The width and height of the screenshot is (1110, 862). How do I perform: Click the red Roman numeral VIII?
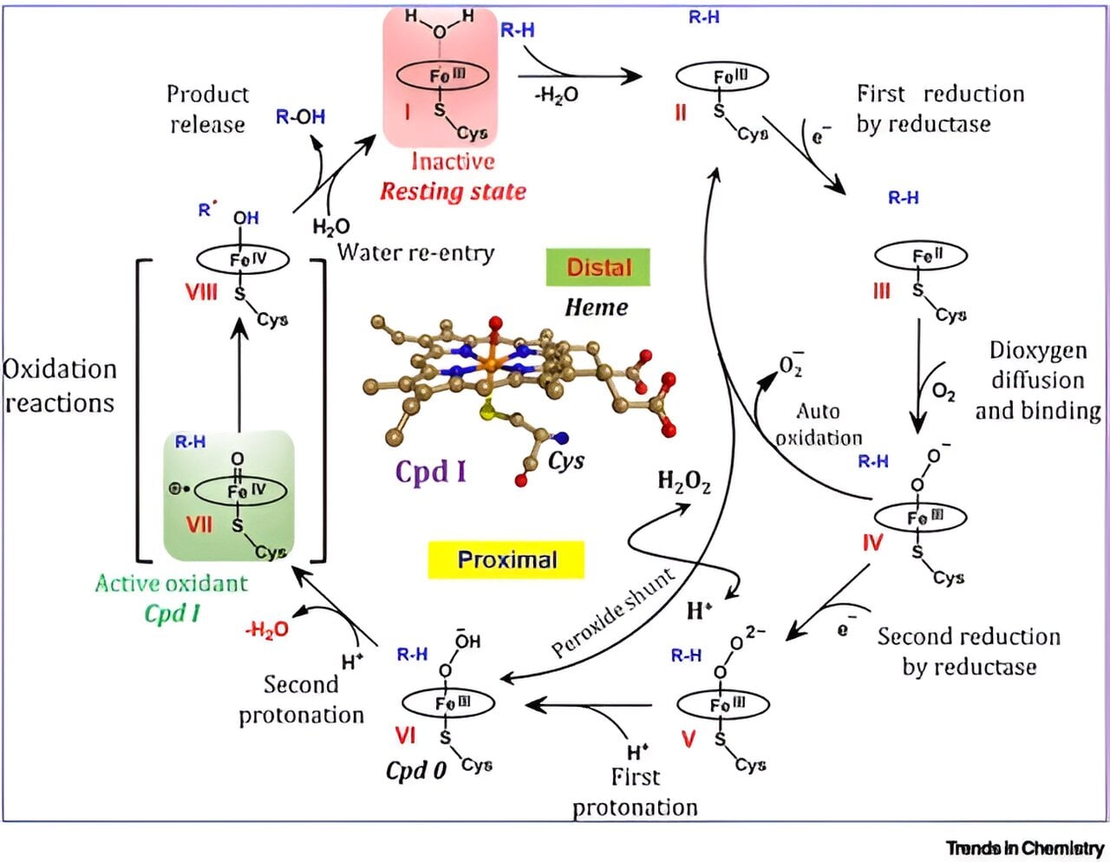click(x=200, y=292)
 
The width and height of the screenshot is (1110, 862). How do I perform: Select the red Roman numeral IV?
click(x=872, y=543)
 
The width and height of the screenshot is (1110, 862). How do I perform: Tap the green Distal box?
click(x=597, y=267)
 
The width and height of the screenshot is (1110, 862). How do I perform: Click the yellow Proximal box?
click(x=506, y=559)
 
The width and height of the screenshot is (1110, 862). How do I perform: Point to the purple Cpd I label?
click(x=430, y=471)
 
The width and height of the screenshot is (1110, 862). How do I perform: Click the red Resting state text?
click(x=453, y=191)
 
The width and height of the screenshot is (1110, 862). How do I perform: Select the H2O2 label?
click(x=683, y=482)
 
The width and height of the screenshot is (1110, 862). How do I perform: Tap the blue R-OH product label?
click(x=300, y=117)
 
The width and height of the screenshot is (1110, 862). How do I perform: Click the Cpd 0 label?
click(x=416, y=770)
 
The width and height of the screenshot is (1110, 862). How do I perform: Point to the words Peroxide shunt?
click(x=612, y=613)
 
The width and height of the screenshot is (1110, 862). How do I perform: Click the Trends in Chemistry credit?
click(x=1024, y=847)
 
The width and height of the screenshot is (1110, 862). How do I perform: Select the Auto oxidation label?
click(x=819, y=424)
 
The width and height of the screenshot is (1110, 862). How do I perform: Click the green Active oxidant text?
click(x=171, y=584)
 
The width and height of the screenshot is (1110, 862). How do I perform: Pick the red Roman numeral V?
click(x=689, y=740)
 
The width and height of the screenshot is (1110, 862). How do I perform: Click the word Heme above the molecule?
click(x=596, y=307)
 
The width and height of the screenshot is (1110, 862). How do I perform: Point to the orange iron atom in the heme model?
click(x=490, y=366)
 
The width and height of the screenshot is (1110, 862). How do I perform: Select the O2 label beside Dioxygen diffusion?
click(x=943, y=392)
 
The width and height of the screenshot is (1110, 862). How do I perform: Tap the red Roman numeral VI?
click(x=406, y=735)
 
